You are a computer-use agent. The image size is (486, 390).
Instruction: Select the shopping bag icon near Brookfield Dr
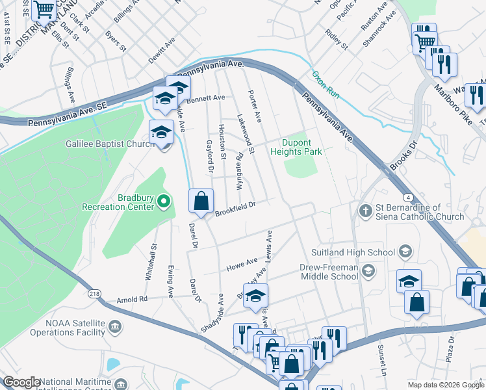click(201, 200)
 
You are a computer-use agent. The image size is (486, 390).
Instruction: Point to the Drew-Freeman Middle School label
click(329, 272)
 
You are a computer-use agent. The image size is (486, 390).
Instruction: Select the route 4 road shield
click(407, 197)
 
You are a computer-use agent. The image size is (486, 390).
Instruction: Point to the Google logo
click(21, 382)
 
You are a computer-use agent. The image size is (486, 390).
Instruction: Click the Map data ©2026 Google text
click(446, 385)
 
